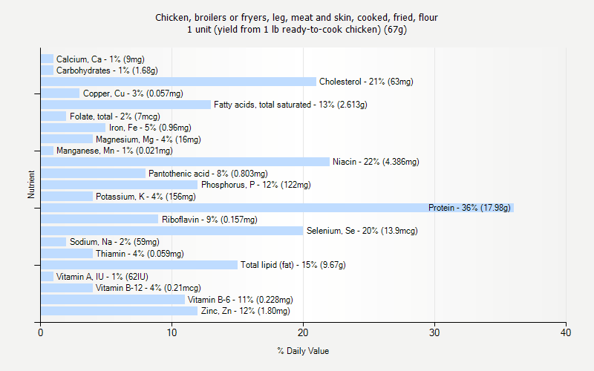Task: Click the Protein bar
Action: pyautogui.click(x=276, y=208)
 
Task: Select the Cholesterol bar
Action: pyautogui.click(x=178, y=82)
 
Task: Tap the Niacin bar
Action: pyautogui.click(x=185, y=162)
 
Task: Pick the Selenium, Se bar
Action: pyautogui.click(x=172, y=231)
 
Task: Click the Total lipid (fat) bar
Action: pyautogui.click(x=139, y=265)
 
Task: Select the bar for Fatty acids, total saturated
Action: pyautogui.click(x=125, y=105)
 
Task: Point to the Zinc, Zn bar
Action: pyautogui.click(x=119, y=311)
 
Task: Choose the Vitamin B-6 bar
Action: pyautogui.click(x=112, y=299)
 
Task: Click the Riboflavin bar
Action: pyautogui.click(x=99, y=219)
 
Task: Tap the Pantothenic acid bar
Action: pyautogui.click(x=93, y=174)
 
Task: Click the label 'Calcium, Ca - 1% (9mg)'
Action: pyautogui.click(x=100, y=59)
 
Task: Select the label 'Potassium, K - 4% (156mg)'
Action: pyautogui.click(x=146, y=197)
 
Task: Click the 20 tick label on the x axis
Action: pyautogui.click(x=303, y=333)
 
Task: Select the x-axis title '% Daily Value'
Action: pyautogui.click(x=303, y=351)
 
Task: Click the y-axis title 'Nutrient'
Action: pyautogui.click(x=32, y=185)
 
